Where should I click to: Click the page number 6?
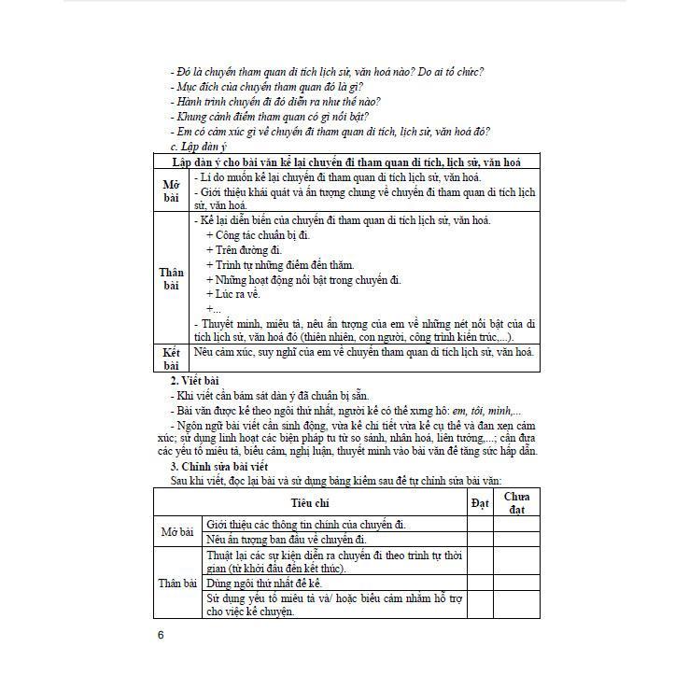coord(161,635)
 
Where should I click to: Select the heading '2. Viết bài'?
coord(194,381)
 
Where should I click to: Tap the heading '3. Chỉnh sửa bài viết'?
coord(218,465)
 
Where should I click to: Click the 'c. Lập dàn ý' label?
coord(198,146)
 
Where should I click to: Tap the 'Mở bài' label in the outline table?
coord(171,190)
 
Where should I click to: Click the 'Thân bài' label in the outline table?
coord(172,279)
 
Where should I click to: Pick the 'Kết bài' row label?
coord(171,359)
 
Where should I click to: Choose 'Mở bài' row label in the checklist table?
coord(177,532)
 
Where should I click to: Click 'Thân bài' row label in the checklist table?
coord(177,583)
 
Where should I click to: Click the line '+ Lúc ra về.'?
coord(238,294)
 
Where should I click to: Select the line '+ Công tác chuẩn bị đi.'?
coord(257,235)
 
